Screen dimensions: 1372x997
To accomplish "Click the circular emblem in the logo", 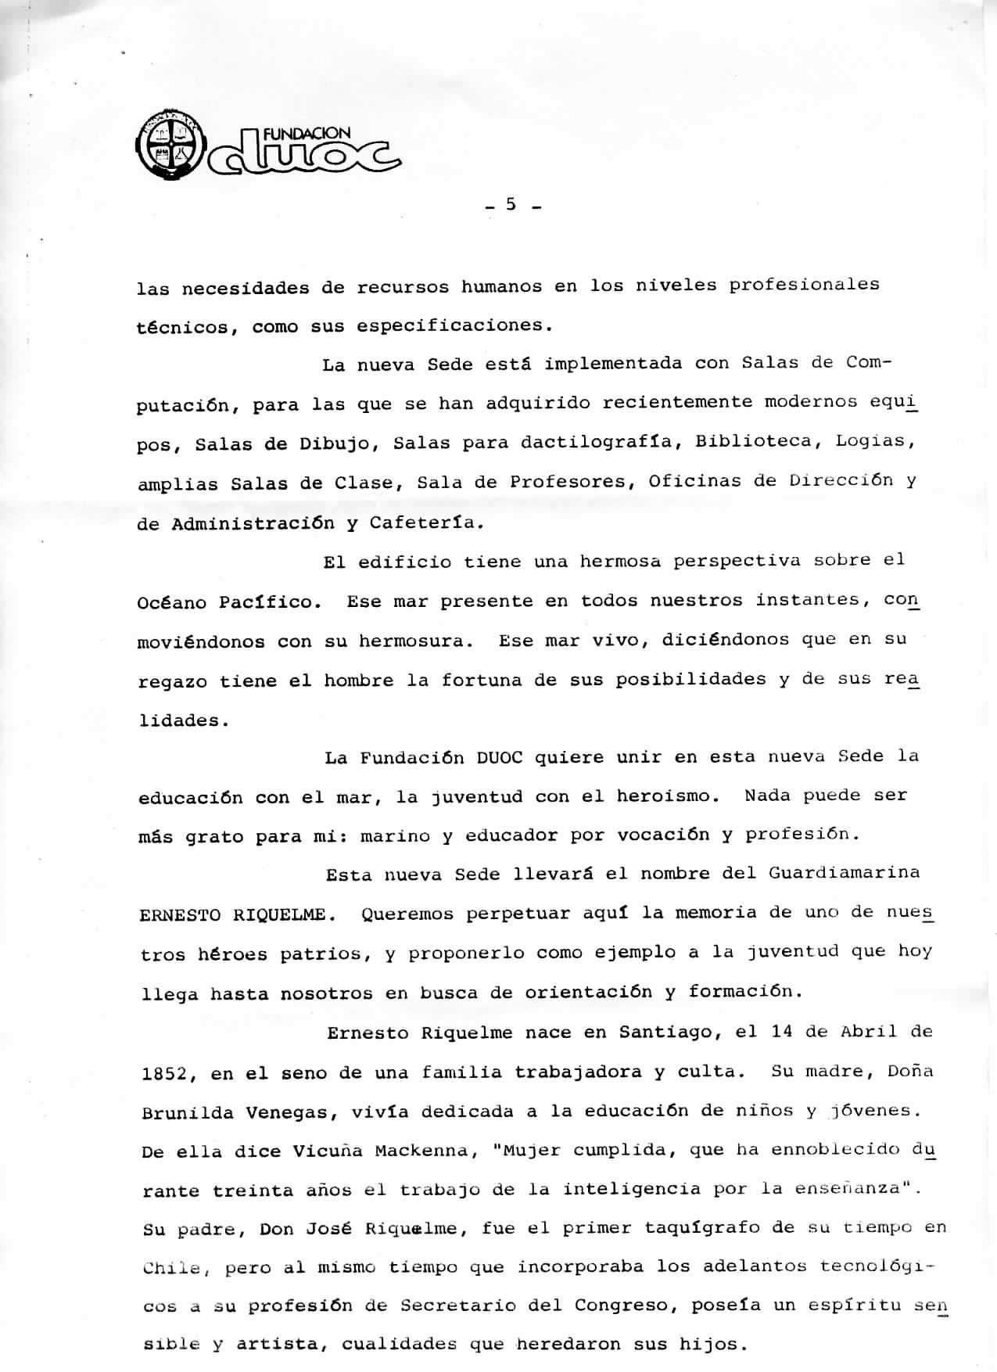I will (169, 144).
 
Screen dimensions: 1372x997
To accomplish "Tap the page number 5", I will (511, 204).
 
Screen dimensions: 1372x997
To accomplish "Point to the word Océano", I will (172, 602).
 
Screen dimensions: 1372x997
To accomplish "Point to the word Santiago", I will (669, 1033).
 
